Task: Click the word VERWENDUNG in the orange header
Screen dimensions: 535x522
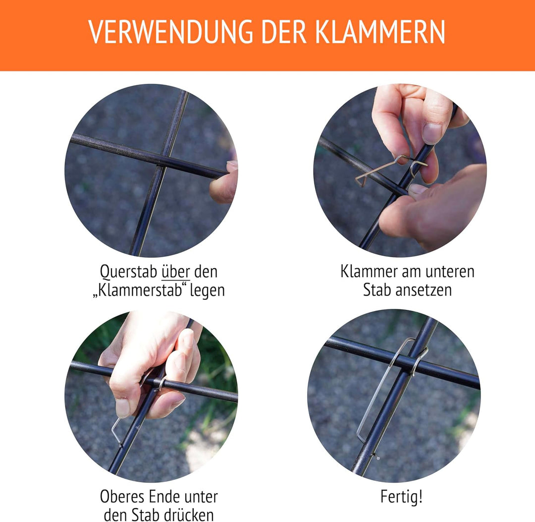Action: [170, 32]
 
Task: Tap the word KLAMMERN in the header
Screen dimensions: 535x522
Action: [380, 32]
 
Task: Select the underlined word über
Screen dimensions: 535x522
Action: [176, 272]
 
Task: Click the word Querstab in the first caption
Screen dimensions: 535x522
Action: [129, 272]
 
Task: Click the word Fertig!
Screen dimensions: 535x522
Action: [402, 497]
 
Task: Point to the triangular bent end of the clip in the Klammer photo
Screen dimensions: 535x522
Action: [361, 179]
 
